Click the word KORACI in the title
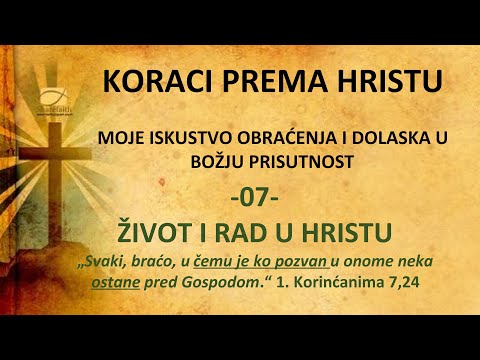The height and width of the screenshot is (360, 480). pos(149,80)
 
